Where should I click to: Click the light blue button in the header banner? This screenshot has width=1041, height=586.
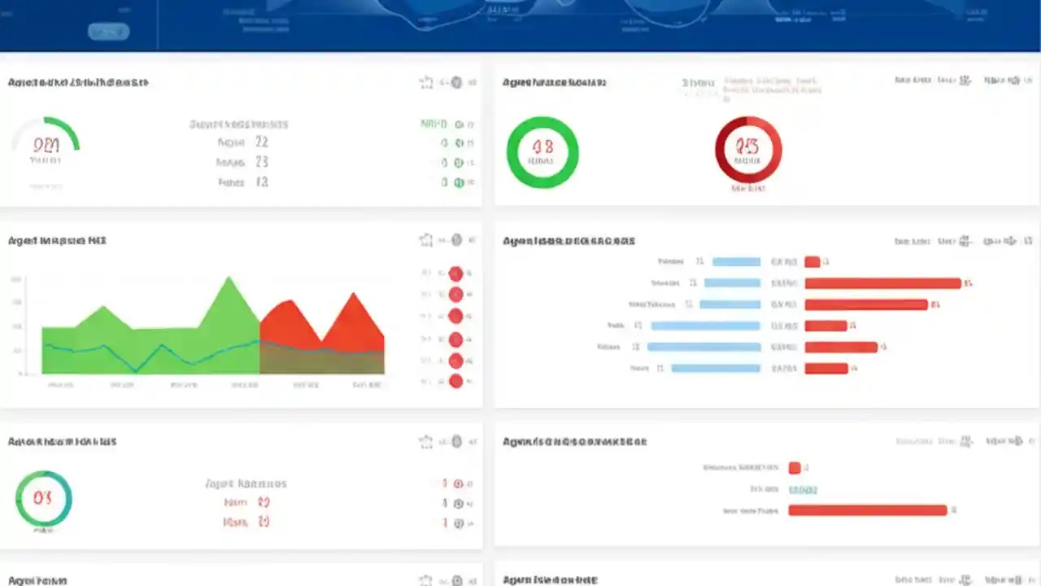(108, 32)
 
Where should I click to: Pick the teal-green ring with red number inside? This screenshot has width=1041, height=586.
(43, 498)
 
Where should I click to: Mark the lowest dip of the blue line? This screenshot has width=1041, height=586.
(136, 371)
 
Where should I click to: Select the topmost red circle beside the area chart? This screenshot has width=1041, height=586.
(455, 273)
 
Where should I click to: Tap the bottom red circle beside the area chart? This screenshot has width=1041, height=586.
(455, 381)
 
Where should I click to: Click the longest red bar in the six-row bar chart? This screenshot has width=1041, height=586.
(882, 283)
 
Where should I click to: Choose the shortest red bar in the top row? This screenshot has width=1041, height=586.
(812, 262)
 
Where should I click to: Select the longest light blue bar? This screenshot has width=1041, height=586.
(704, 347)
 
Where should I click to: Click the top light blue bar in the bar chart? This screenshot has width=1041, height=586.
(736, 262)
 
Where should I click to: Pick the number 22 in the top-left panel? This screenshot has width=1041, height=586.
(261, 142)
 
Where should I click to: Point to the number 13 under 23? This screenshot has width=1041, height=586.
(261, 182)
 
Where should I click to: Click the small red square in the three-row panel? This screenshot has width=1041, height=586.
(795, 468)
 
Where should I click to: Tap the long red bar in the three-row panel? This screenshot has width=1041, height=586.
(868, 510)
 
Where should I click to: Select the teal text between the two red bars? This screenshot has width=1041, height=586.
(803, 489)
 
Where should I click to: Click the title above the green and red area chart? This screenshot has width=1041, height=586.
(57, 241)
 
